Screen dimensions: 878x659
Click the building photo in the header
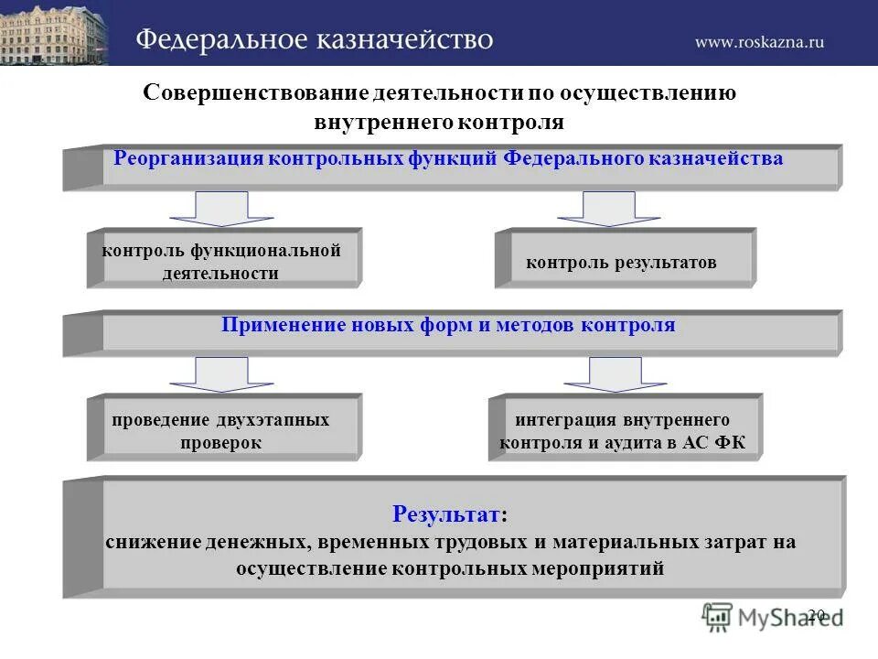pyautogui.click(x=53, y=33)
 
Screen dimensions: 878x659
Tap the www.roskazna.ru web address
pyautogui.click(x=759, y=41)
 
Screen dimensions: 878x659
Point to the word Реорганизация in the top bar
pyautogui.click(x=187, y=158)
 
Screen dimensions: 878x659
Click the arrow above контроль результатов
pyautogui.click(x=608, y=208)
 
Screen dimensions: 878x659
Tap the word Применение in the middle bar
pyautogui.click(x=284, y=325)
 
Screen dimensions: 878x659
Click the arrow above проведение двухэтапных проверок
pyautogui.click(x=221, y=373)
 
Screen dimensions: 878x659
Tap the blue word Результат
pyautogui.click(x=446, y=513)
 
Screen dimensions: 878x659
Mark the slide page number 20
pyautogui.click(x=817, y=614)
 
